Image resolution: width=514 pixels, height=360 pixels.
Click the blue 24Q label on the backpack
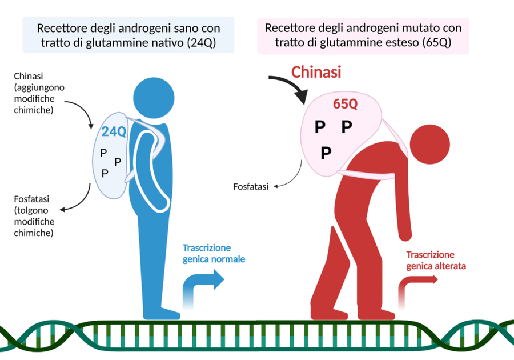point(114,131)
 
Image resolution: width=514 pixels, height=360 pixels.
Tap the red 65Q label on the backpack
point(345,105)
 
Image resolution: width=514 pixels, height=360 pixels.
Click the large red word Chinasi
point(316,73)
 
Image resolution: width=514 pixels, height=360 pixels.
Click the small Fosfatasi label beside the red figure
point(251,187)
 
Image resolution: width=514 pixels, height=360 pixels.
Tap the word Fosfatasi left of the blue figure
point(31,199)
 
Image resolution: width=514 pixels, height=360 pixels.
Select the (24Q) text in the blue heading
point(201,43)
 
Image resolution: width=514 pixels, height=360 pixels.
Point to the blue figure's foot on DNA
point(162,314)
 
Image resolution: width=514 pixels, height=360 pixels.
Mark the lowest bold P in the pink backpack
point(326,152)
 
